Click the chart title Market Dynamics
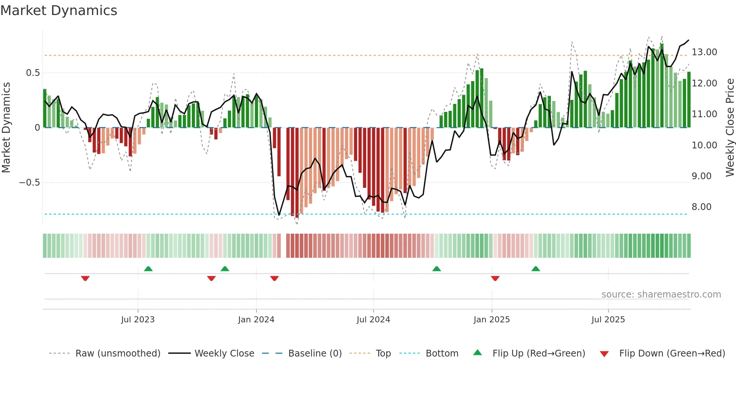tap(59, 11)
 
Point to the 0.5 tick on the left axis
tap(33, 73)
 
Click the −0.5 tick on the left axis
tap(29, 183)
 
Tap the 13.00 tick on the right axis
tap(704, 52)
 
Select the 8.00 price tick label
tap(701, 207)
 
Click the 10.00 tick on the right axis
tap(704, 145)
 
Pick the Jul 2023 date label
tap(138, 320)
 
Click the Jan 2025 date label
tap(492, 320)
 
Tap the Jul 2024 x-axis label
tap(373, 320)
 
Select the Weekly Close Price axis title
tap(730, 128)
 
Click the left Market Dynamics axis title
tap(6, 128)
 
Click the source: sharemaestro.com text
tap(661, 295)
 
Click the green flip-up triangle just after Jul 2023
tap(148, 269)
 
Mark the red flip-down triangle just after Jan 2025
tap(495, 278)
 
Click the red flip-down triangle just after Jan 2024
tap(274, 278)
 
